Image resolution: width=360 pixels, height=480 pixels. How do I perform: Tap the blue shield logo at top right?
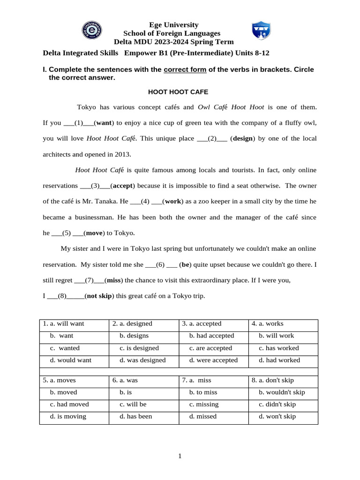[x=261, y=30]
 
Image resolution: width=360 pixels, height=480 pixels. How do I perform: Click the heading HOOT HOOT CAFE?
[x=178, y=92]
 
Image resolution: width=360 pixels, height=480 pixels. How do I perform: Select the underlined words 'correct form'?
[x=185, y=69]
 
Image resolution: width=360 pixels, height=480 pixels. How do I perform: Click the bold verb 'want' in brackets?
[x=104, y=123]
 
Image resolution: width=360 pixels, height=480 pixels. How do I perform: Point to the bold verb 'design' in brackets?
[x=243, y=138]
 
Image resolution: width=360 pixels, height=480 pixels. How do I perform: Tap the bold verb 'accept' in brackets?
[x=123, y=185]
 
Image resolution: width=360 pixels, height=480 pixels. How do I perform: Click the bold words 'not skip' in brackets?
[x=99, y=296]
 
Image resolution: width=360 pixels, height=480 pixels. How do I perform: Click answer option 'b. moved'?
[x=64, y=392]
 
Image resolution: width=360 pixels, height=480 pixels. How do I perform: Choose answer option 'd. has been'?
[x=135, y=416]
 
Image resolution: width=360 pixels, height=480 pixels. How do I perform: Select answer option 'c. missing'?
[x=203, y=404]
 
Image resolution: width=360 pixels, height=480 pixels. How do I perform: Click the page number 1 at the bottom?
[x=180, y=456]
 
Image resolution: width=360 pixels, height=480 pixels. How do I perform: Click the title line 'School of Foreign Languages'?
[x=172, y=33]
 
